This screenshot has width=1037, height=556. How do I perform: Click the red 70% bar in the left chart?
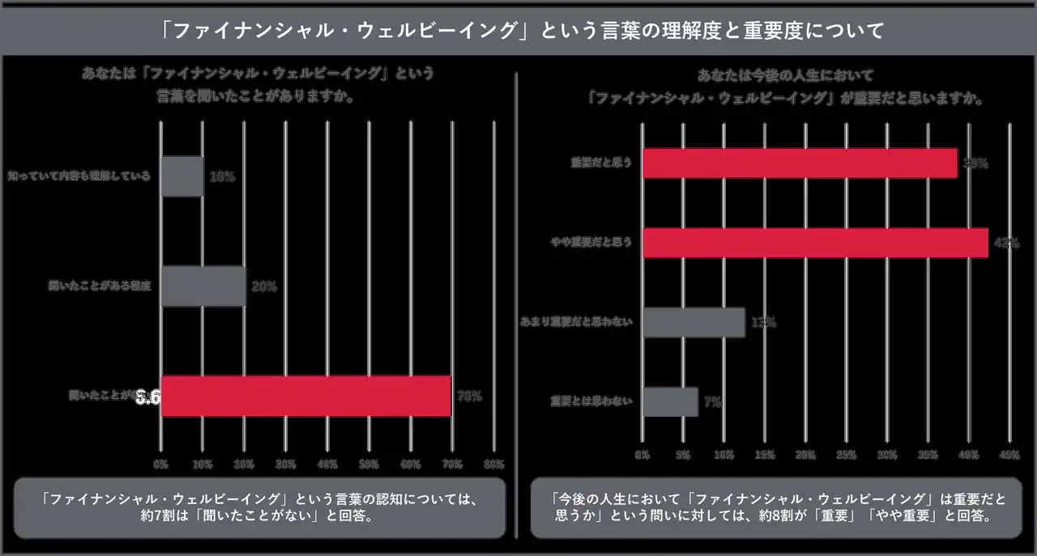click(x=305, y=397)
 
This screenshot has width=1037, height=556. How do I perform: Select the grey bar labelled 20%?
click(x=203, y=286)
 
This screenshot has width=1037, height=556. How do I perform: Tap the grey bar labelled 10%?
click(x=182, y=176)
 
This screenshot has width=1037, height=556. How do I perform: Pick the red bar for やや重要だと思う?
click(x=815, y=243)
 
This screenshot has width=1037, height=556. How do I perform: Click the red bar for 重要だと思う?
click(x=800, y=163)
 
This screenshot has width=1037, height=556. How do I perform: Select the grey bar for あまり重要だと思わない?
click(x=693, y=322)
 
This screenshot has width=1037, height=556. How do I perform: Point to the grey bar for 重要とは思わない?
click(x=670, y=401)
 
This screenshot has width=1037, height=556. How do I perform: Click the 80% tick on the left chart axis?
click(x=493, y=465)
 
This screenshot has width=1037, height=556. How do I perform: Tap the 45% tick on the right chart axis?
click(x=1009, y=455)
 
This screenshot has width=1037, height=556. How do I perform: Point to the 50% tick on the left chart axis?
click(x=369, y=465)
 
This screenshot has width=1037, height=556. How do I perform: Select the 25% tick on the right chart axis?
click(x=846, y=455)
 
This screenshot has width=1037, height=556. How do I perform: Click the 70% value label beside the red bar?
click(x=469, y=397)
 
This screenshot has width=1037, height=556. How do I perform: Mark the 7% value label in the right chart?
click(x=713, y=401)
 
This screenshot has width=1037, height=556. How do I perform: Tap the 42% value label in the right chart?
click(x=1005, y=243)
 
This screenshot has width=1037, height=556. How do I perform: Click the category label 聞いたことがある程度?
click(x=100, y=286)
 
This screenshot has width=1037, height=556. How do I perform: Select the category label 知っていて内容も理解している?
click(x=79, y=176)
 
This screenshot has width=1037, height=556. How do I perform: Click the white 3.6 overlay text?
click(x=148, y=397)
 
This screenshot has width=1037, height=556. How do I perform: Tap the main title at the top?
click(x=518, y=32)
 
